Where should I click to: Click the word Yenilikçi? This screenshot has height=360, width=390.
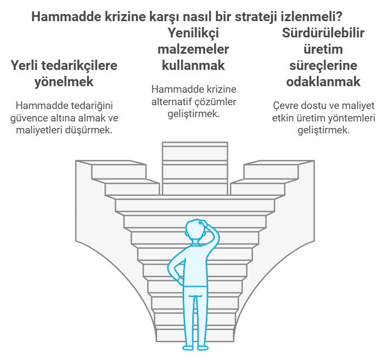[193, 34]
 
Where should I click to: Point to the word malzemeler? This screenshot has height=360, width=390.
[193, 49]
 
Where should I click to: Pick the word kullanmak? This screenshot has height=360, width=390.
[193, 66]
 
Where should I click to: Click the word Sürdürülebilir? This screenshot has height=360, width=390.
[323, 33]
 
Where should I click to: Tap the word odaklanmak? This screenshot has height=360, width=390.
[323, 82]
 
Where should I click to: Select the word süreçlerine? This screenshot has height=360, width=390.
[323, 66]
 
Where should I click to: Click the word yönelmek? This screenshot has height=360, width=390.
[64, 82]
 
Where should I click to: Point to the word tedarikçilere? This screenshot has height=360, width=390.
[79, 66]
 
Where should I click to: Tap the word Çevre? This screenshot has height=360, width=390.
[285, 106]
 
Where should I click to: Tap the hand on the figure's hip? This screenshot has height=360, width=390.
[180, 281]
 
